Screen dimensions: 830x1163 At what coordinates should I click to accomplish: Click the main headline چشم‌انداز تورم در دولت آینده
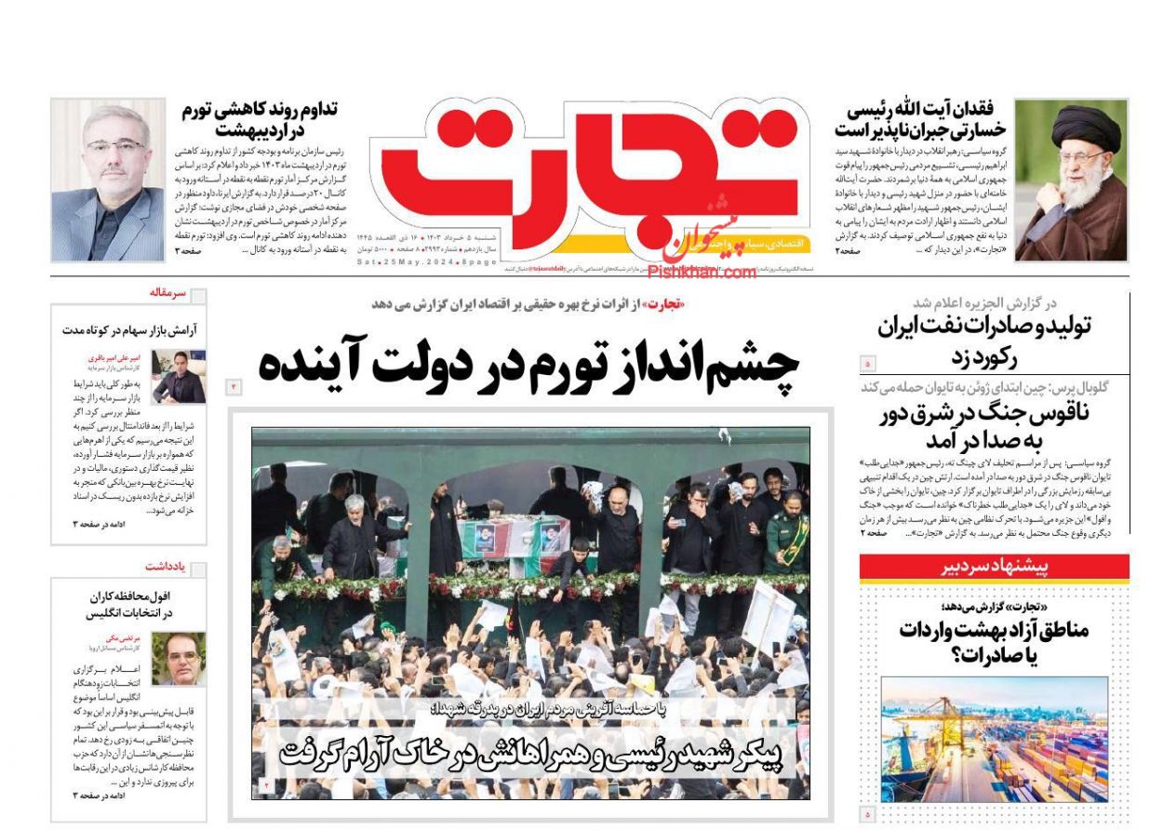pyautogui.click(x=528, y=363)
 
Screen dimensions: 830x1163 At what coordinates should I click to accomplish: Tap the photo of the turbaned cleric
pyautogui.click(x=1070, y=180)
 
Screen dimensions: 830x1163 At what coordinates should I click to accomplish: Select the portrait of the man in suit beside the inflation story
pyautogui.click(x=108, y=180)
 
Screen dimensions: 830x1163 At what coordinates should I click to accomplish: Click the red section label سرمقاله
pyautogui.click(x=167, y=293)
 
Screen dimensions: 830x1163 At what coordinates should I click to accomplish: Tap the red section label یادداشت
pyautogui.click(x=166, y=566)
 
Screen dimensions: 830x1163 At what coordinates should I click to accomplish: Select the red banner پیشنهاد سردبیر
pyautogui.click(x=994, y=567)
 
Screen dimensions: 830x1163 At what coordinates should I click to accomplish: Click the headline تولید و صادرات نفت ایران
pyautogui.click(x=984, y=340)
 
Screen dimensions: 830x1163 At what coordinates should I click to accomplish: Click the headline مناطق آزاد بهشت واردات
pyautogui.click(x=994, y=642)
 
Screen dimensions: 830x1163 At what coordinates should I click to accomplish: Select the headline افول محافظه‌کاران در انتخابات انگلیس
pyautogui.click(x=130, y=605)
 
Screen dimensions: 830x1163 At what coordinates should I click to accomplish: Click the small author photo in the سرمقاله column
pyautogui.click(x=179, y=376)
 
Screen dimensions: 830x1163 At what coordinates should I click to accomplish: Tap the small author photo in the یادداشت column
pyautogui.click(x=179, y=658)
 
